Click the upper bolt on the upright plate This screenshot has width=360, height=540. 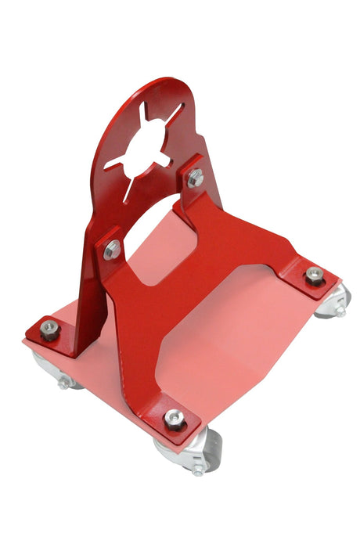coord(195,178)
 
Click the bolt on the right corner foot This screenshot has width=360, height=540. coord(315,275)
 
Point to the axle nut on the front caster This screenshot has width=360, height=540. coord(197,470)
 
